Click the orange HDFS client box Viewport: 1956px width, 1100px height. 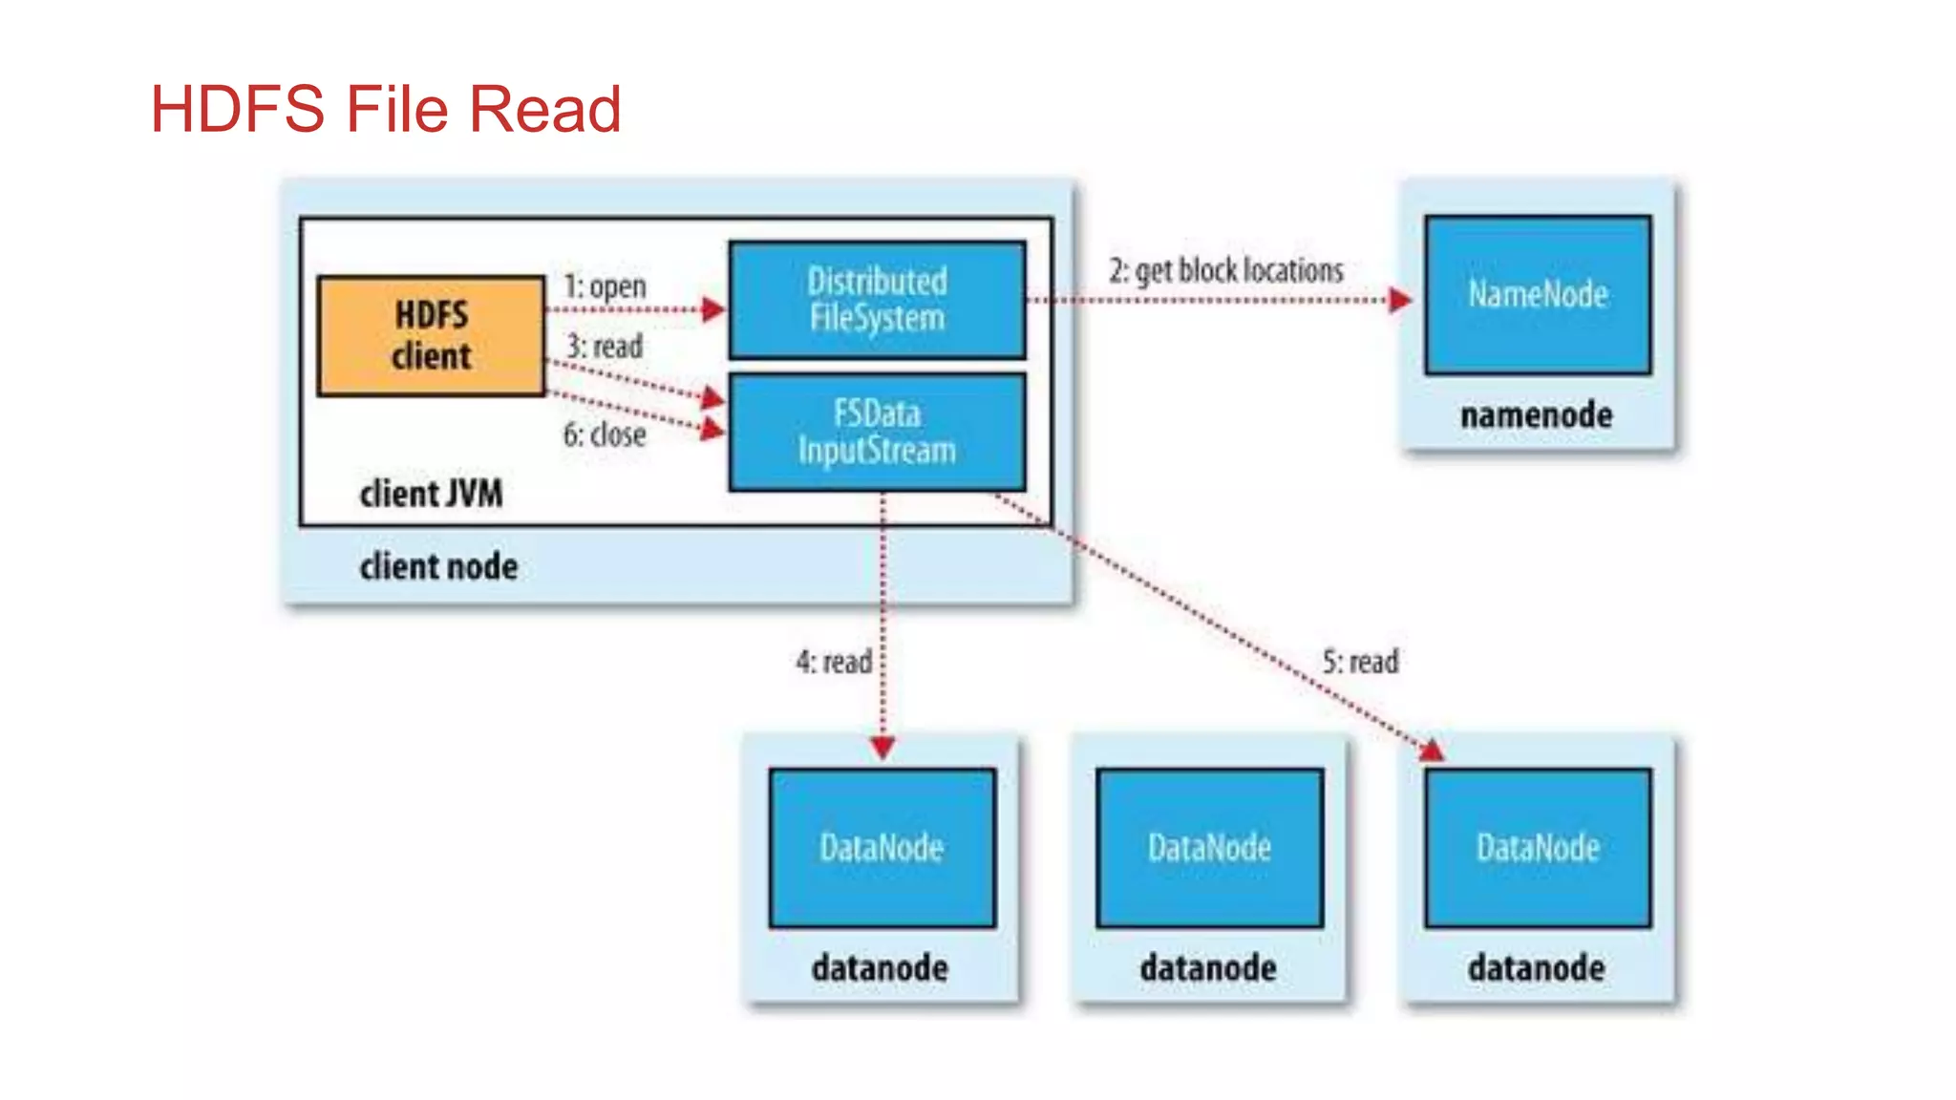click(431, 336)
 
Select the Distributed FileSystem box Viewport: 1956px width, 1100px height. click(877, 300)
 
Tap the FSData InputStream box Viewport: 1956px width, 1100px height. click(877, 433)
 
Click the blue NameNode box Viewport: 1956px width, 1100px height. click(1537, 295)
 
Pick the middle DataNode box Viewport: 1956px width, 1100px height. click(1209, 848)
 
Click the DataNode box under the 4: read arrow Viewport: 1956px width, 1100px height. click(882, 848)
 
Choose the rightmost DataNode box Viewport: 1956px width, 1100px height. click(1537, 848)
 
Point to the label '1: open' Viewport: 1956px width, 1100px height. click(605, 286)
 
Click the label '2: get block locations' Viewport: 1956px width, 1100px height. click(1225, 270)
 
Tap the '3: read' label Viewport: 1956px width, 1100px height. click(605, 346)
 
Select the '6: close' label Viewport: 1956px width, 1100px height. click(605, 434)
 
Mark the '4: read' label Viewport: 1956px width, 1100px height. click(834, 661)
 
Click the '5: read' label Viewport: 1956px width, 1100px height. click(1360, 661)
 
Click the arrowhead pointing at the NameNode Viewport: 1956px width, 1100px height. click(1399, 301)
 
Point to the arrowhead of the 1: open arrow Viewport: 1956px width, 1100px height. click(712, 309)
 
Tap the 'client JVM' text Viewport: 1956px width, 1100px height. click(431, 494)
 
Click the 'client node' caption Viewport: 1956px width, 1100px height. click(438, 566)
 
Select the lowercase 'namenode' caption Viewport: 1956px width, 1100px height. click(1536, 415)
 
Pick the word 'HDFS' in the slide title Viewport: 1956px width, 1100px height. click(238, 109)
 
